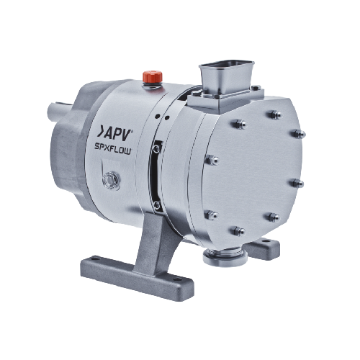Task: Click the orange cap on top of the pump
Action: (153, 76)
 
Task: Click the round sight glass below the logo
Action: (111, 180)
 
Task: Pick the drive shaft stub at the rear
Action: (59, 110)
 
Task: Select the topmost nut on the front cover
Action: (276, 114)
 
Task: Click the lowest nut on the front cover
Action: (239, 231)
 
